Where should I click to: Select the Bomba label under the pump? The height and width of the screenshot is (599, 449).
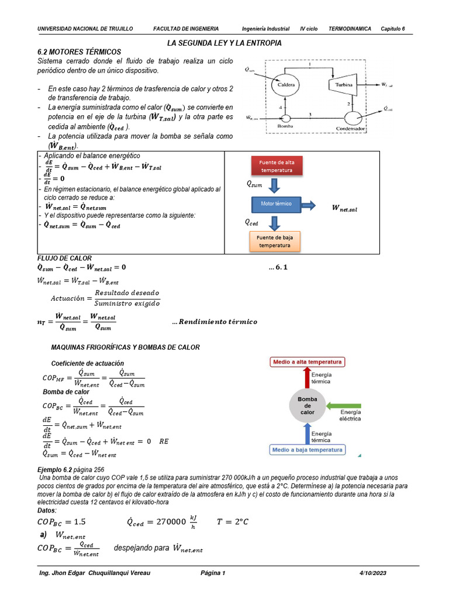pos(285,127)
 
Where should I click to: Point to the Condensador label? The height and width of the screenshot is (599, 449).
pos(351,128)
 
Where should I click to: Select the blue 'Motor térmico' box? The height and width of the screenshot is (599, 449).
pos(277,204)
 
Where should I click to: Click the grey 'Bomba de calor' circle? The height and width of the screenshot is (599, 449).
pos(307,405)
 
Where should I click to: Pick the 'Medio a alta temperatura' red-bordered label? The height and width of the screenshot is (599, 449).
pos(307,362)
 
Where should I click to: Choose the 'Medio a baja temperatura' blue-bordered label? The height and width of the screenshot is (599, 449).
pos(307,450)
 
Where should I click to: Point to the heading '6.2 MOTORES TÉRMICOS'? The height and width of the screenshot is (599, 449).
pos(79,52)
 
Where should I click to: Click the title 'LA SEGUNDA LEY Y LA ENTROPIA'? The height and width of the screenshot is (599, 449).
pos(224,43)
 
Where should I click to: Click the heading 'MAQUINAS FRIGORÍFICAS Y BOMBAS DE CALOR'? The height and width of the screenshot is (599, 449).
pos(126,347)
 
